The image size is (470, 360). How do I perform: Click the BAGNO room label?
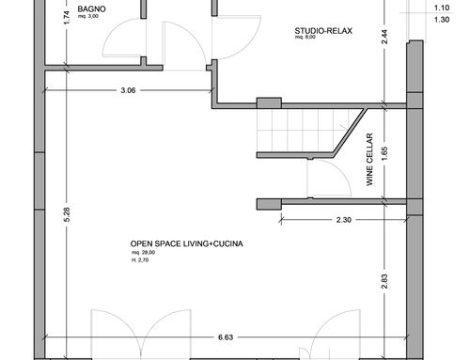tap(91, 8)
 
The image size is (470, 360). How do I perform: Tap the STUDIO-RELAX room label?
tap(323, 31)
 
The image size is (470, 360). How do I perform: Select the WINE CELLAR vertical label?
tap(369, 160)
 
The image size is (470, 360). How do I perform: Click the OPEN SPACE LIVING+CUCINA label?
tap(186, 243)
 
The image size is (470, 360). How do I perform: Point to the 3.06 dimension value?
tap(128, 90)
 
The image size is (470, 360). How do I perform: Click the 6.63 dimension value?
tap(226, 337)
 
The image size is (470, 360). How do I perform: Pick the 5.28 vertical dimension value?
tap(67, 214)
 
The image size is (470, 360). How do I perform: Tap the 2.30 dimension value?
tap(344, 220)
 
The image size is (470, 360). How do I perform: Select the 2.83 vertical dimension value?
tap(384, 281)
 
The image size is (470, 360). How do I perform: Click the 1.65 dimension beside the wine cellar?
tap(384, 153)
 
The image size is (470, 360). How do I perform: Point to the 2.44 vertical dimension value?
tap(384, 37)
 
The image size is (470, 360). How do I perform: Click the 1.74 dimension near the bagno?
tap(67, 18)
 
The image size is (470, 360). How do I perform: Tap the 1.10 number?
tap(442, 8)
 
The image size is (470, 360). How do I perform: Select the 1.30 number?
tap(442, 20)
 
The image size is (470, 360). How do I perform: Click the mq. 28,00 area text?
tap(143, 253)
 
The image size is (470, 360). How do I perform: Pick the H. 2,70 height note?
tap(140, 260)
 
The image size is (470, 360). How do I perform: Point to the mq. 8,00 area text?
tap(305, 37)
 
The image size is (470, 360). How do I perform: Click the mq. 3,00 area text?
tap(88, 16)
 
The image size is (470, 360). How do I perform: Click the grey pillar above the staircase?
tap(269, 103)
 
